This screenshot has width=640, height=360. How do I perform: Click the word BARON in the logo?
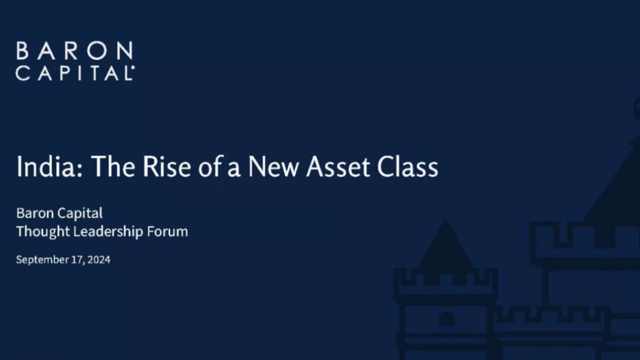74,51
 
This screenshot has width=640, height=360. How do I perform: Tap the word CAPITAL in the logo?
74,73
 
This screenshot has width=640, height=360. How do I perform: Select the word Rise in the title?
166,166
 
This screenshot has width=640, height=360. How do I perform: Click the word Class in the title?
407,166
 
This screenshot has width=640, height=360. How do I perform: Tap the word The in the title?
113,166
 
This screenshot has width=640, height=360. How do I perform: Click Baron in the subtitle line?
34,213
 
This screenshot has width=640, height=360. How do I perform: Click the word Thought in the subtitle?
43,231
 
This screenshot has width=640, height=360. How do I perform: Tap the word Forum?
167,231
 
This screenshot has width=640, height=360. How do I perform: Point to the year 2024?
98,259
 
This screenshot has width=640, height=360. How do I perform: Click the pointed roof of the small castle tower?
445,245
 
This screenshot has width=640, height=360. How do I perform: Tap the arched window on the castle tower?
446,318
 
